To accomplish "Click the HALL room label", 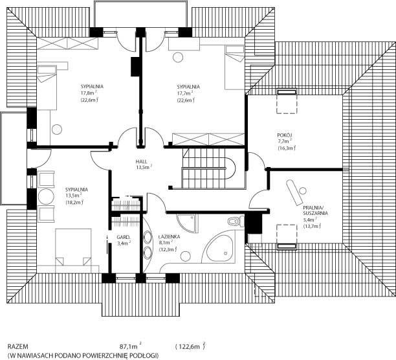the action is [142, 162].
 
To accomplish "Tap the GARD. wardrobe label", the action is [124, 237].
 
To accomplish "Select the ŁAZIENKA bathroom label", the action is [170, 237].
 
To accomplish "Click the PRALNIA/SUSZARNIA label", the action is [316, 210].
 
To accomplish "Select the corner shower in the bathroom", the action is [186, 224].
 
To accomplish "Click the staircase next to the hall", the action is [208, 168].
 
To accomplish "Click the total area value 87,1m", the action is [130, 346].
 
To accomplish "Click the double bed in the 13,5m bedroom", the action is [73, 247].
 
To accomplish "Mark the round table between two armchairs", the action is [46, 196].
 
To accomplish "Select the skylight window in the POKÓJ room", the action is [287, 101].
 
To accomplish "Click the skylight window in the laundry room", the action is [287, 237].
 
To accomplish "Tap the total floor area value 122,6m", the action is [190, 346].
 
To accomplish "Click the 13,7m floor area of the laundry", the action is [312, 226].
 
